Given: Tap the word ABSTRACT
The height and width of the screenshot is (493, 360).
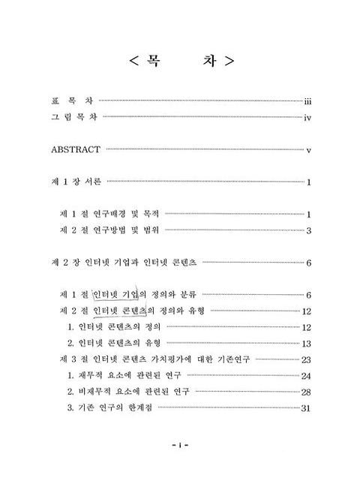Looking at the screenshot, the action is (x=76, y=150).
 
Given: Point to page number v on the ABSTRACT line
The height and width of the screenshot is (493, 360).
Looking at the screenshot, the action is (x=307, y=151).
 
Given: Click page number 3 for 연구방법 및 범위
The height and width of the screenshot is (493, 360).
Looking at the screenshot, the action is (x=307, y=231).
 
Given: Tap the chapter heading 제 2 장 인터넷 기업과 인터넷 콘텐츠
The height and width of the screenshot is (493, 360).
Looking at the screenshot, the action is (x=123, y=262).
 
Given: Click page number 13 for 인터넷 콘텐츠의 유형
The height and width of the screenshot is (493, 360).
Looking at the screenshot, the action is (x=306, y=344).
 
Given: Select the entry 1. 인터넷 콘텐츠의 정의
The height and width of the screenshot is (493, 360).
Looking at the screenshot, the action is (x=114, y=327).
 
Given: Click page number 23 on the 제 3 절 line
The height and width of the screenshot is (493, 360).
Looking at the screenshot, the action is (x=306, y=359).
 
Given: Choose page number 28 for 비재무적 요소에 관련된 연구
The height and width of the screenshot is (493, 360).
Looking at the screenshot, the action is (x=306, y=392).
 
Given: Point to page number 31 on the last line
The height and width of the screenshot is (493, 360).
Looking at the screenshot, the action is (x=306, y=409).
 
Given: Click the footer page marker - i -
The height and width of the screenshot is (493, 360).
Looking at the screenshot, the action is (x=180, y=466).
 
